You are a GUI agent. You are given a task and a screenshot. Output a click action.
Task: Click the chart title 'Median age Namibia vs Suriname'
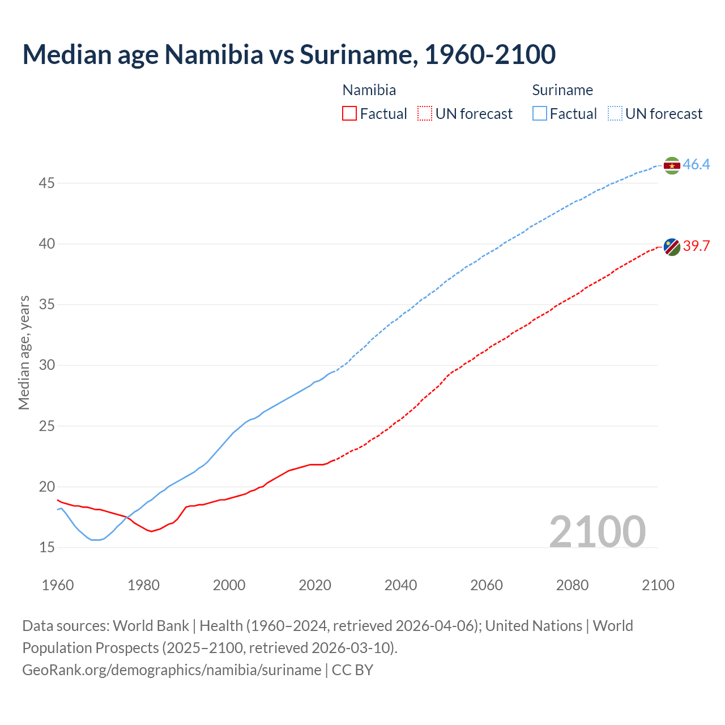(x=289, y=54)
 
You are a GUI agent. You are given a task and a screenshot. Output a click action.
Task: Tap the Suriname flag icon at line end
(x=672, y=165)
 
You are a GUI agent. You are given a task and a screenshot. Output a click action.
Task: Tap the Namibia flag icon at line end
(x=672, y=247)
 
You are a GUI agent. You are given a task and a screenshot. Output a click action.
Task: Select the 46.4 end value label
(x=696, y=165)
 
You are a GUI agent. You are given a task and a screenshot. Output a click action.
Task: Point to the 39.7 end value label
(x=696, y=246)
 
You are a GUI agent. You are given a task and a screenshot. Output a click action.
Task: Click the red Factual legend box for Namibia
(x=349, y=114)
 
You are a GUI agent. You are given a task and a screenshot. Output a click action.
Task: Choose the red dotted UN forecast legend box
(x=425, y=114)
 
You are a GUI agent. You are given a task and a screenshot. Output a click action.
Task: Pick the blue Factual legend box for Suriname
(x=540, y=114)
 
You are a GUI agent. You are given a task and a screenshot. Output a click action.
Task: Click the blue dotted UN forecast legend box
(x=615, y=114)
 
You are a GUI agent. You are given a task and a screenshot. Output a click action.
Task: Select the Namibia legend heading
(x=369, y=90)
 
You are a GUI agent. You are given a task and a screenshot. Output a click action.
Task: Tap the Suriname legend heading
(x=562, y=90)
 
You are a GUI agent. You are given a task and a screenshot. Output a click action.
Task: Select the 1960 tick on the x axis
(x=58, y=585)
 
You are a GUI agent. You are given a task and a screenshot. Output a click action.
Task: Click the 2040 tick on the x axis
(x=400, y=585)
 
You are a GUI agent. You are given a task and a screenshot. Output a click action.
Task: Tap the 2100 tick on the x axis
(x=658, y=585)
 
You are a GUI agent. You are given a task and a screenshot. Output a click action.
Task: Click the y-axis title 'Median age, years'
(x=24, y=352)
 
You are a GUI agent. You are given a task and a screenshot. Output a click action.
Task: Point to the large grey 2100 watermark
(x=597, y=531)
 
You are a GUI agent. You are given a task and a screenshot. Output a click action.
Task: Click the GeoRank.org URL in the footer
(x=172, y=670)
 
